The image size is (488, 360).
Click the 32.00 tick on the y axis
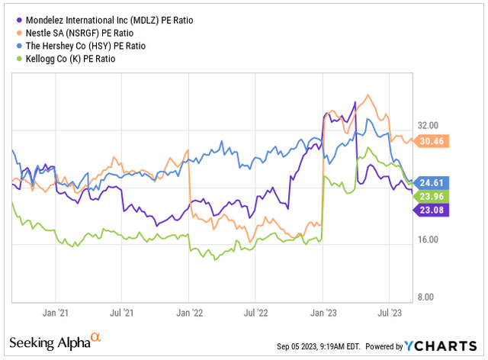(429, 125)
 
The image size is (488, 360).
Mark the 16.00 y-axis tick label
(429, 239)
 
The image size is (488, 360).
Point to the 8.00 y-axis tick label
(431, 297)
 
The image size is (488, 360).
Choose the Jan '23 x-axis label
(323, 313)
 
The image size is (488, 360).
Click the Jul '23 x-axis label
(390, 313)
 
